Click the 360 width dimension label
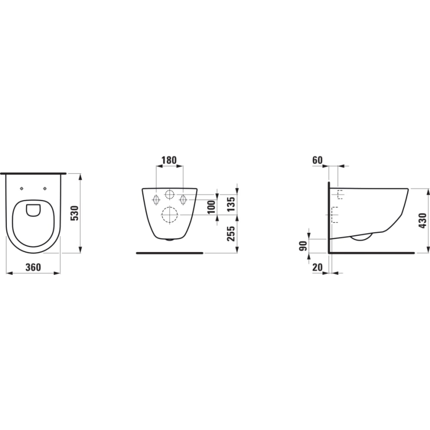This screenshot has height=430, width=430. tap(33, 267)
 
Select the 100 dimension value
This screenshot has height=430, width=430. tap(212, 206)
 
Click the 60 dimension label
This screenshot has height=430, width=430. tap(318, 160)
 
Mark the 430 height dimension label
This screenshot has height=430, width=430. tap(422, 220)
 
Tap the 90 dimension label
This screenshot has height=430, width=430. tap(302, 246)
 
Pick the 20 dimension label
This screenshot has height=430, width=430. tap(318, 267)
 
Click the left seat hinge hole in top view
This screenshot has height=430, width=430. tap(23, 188)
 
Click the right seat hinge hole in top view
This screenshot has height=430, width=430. tap(45, 188)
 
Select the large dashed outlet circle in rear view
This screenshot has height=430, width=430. tap(169, 215)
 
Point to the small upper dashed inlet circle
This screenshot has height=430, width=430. tap(169, 195)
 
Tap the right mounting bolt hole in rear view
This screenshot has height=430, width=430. tap(183, 199)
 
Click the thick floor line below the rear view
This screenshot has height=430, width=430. tap(169, 253)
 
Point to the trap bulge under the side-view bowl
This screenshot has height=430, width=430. tap(361, 238)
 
